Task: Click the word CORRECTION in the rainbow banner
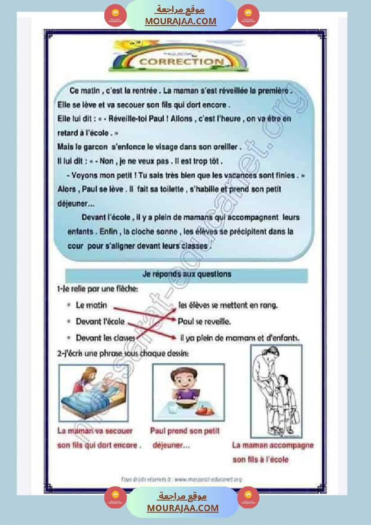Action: [x=182, y=62]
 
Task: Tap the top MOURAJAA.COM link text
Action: [x=181, y=21]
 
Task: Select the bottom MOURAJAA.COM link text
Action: [x=183, y=508]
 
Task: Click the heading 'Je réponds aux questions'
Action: [x=187, y=274]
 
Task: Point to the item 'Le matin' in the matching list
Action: [x=91, y=305]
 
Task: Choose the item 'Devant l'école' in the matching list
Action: [x=100, y=322]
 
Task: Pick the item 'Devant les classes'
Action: [x=105, y=338]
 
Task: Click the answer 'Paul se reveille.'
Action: [x=204, y=322]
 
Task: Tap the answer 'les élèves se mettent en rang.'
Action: [x=228, y=305]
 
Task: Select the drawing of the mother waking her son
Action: [x=94, y=393]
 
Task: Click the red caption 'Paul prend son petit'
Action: [x=185, y=431]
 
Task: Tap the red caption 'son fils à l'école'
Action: [x=260, y=460]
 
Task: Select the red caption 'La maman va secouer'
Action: [x=95, y=431]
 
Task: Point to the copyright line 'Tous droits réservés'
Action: [x=181, y=480]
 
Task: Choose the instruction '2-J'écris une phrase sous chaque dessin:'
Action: [x=123, y=354]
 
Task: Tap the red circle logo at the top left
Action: [x=116, y=16]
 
